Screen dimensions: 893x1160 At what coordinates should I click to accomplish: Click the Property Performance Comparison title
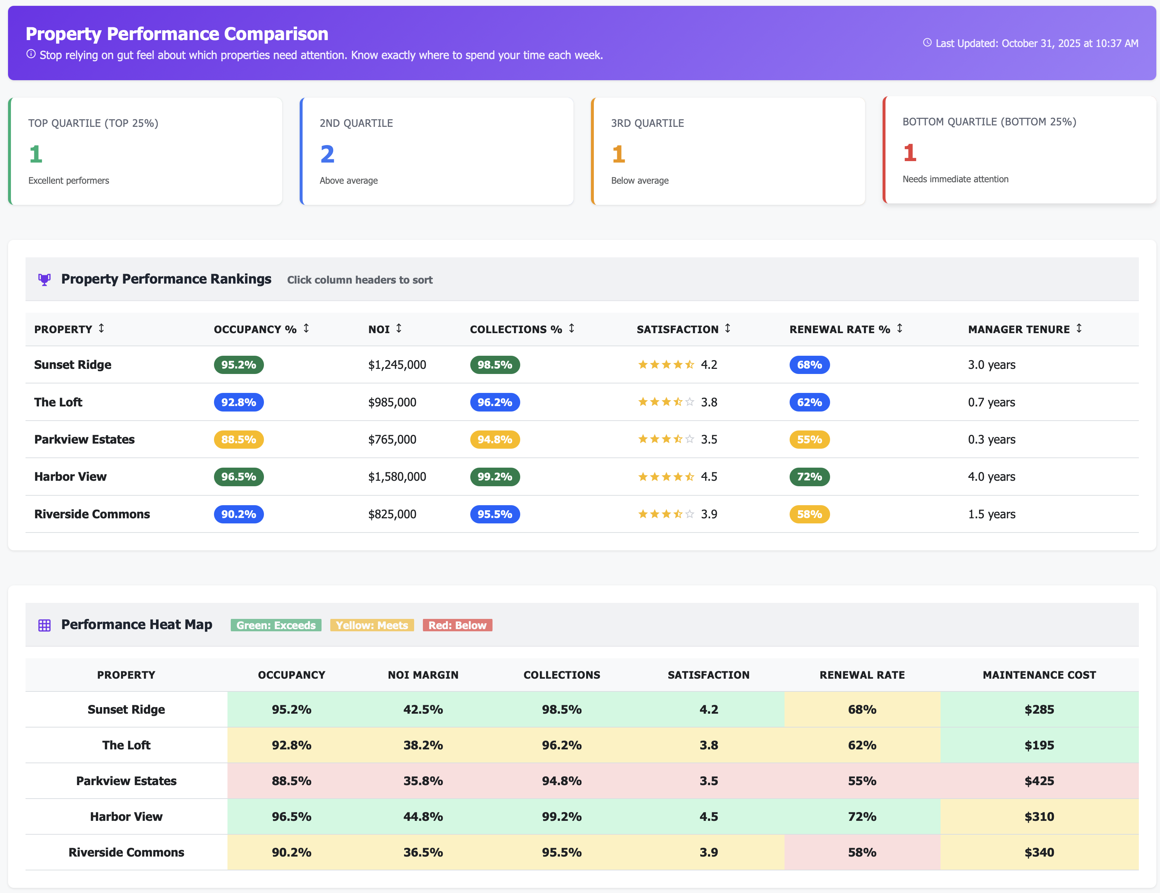click(x=177, y=34)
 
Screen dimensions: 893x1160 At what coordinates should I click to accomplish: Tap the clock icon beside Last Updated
click(x=927, y=43)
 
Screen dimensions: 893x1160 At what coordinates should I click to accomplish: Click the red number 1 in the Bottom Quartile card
click(x=909, y=153)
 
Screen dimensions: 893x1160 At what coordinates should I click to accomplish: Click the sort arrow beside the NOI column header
click(x=399, y=329)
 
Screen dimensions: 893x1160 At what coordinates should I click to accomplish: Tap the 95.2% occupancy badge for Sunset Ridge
click(x=238, y=365)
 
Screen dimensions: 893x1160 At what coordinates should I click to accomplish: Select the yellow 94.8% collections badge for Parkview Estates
click(x=494, y=440)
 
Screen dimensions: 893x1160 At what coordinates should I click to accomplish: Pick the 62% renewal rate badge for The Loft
click(x=809, y=402)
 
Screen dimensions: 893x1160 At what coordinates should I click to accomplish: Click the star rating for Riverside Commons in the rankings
click(x=666, y=514)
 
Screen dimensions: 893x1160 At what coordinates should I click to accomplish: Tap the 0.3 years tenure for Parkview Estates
click(x=991, y=440)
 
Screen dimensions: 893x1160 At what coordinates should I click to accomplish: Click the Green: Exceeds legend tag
click(x=276, y=625)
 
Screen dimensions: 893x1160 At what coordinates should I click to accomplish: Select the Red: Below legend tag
click(x=457, y=625)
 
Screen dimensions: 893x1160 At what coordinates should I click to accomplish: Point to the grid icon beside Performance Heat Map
click(x=44, y=625)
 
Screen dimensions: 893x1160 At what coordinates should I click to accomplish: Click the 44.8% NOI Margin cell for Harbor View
click(x=423, y=816)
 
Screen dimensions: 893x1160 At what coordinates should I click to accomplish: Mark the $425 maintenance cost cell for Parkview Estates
click(x=1039, y=781)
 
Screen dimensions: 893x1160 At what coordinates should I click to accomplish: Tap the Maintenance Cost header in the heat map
click(x=1039, y=675)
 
